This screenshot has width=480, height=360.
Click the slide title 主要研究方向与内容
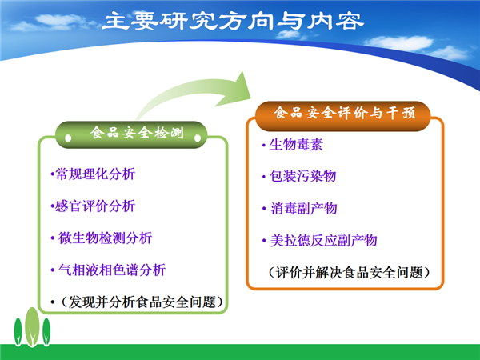tap(233, 21)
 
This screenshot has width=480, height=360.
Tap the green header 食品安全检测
tap(137, 133)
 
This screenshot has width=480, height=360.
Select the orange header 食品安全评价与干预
tap(344, 113)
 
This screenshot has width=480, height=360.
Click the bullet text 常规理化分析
tap(95, 174)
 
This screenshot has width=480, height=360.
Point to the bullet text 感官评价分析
tap(95, 206)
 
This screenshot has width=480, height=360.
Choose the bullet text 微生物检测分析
tap(105, 238)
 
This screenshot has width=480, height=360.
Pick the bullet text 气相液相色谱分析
tap(112, 270)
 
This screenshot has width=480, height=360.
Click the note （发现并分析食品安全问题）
tap(142, 302)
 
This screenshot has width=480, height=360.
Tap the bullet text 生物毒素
tap(296, 145)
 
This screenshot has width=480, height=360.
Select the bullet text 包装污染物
tap(302, 176)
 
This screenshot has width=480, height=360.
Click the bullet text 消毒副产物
tap(304, 209)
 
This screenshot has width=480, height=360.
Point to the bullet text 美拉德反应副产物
tap(323, 241)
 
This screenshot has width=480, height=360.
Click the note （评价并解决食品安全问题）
tap(349, 273)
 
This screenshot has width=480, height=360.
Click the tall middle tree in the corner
tap(32, 327)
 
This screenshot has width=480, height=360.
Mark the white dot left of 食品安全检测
tap(68, 138)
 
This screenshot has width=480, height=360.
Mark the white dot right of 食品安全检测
tap(198, 138)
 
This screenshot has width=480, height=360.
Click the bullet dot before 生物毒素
tap(263, 145)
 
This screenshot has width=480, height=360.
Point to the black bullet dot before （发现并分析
tap(53, 302)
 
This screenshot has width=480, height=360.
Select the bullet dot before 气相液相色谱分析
tap(53, 270)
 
